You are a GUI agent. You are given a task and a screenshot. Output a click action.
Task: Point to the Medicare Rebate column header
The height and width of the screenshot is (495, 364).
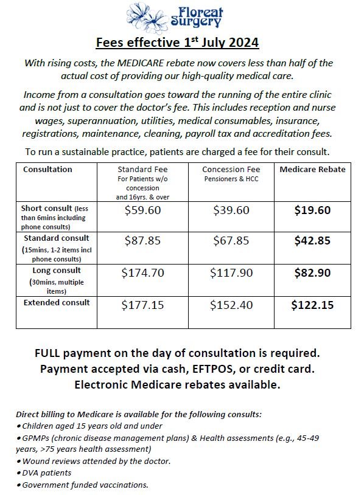[x=312, y=169]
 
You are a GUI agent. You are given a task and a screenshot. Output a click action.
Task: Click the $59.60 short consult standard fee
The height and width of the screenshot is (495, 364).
[x=143, y=210]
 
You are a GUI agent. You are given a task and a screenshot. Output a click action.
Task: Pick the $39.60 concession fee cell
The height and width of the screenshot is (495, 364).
[x=231, y=210]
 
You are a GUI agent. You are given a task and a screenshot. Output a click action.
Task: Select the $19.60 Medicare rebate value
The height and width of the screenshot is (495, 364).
[x=312, y=210]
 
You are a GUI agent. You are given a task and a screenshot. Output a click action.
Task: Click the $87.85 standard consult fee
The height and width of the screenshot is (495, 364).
[x=143, y=240]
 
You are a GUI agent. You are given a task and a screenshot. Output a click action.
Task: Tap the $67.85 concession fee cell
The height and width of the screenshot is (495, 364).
[x=231, y=240]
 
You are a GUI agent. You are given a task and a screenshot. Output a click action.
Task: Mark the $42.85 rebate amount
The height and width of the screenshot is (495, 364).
[x=312, y=240]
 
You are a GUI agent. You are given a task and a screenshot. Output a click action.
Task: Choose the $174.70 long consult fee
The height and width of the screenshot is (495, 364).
[x=143, y=273]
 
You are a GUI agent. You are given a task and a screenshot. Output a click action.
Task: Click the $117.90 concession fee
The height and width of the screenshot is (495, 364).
[x=231, y=273]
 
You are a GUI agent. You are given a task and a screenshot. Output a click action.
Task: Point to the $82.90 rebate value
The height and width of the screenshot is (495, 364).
[x=312, y=273]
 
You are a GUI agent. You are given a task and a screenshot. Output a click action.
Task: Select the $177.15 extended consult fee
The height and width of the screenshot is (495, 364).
[x=143, y=305]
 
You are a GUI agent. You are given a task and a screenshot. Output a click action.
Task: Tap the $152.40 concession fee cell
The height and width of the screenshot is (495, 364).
[x=231, y=305]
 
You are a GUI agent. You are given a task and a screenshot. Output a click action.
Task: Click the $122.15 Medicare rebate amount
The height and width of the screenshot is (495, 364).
[x=312, y=305]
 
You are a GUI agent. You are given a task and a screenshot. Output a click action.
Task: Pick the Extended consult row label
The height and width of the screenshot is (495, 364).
[x=57, y=302]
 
